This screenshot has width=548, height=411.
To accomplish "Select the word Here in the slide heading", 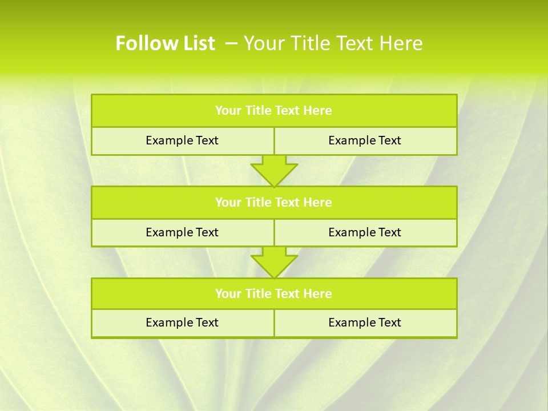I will (401, 43).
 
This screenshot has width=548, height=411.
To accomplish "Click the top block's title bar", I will (274, 111).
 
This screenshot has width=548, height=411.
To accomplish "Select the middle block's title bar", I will (274, 202).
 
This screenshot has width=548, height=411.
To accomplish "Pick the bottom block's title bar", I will (274, 293).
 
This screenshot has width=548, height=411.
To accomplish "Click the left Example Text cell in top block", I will (182, 140).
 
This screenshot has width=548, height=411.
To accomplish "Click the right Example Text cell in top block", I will (365, 140).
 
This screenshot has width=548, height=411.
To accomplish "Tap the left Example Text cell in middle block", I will (182, 232).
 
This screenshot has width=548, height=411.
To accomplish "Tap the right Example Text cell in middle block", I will (365, 232).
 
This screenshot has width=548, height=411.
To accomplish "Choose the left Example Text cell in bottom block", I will (182, 323).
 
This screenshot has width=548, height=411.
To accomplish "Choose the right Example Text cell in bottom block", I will (365, 323).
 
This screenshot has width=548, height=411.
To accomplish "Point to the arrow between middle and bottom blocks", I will (274, 262).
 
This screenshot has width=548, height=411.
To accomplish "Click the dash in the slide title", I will (231, 43).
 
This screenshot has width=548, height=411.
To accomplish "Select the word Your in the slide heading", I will (262, 43).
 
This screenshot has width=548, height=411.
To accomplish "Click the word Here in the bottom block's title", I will (318, 293).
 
